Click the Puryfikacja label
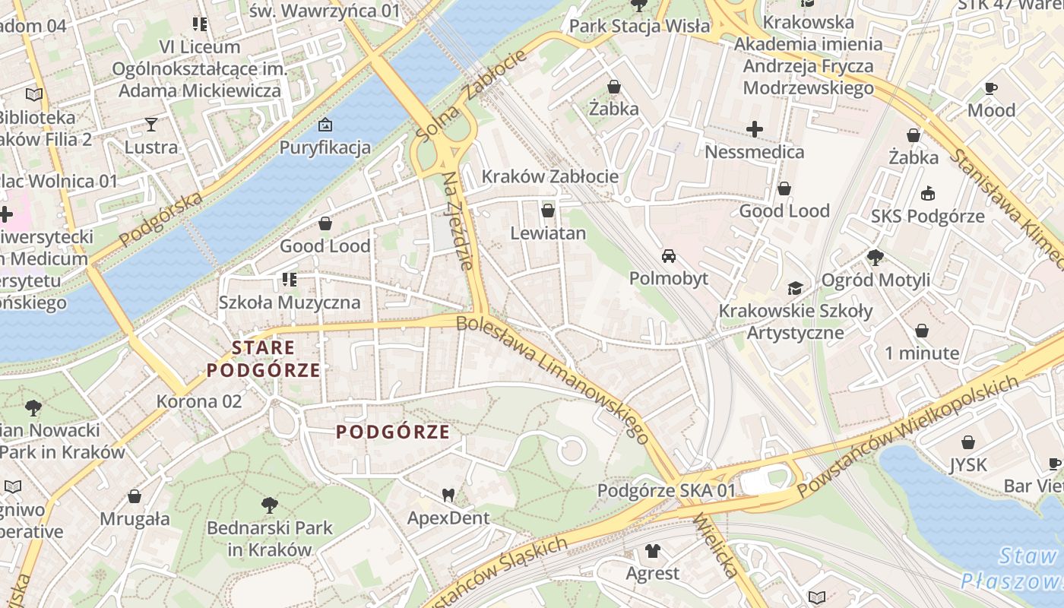point(325,147)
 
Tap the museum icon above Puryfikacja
point(325,124)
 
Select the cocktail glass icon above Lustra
point(151,124)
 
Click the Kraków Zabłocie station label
point(549,176)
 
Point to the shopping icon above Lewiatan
point(548,211)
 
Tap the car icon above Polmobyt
point(669,255)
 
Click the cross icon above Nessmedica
point(754,129)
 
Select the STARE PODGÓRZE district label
point(264,359)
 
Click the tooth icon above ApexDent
point(448,495)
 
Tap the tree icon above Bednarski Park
point(269,504)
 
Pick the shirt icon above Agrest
point(652,550)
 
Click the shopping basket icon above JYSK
point(968,442)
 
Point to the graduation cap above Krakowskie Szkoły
point(795,288)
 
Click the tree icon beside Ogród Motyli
point(876,258)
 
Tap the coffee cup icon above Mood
point(991,88)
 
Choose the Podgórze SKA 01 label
point(667,490)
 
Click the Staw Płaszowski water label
point(1018,568)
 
